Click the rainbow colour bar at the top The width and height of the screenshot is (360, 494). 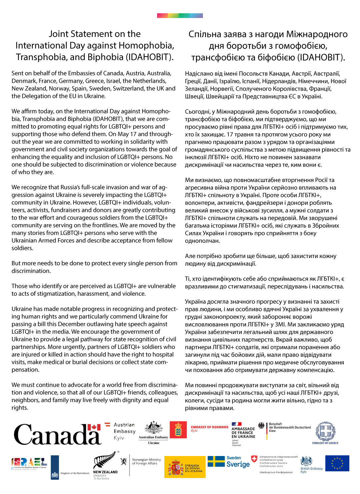point(180,16)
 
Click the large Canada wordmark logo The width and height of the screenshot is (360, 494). point(57,434)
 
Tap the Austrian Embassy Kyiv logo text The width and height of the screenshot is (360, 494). point(124,431)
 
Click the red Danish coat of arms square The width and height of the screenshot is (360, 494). point(178,430)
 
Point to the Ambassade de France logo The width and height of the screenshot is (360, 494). point(243,433)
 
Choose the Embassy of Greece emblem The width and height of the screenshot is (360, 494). point(325,432)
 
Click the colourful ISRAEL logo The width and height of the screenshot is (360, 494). point(29,462)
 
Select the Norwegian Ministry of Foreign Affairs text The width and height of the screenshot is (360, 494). point(146,461)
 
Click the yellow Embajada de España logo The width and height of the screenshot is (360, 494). point(185,467)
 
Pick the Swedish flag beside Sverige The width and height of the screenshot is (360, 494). point(216,461)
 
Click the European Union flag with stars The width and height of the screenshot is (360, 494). point(337,463)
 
